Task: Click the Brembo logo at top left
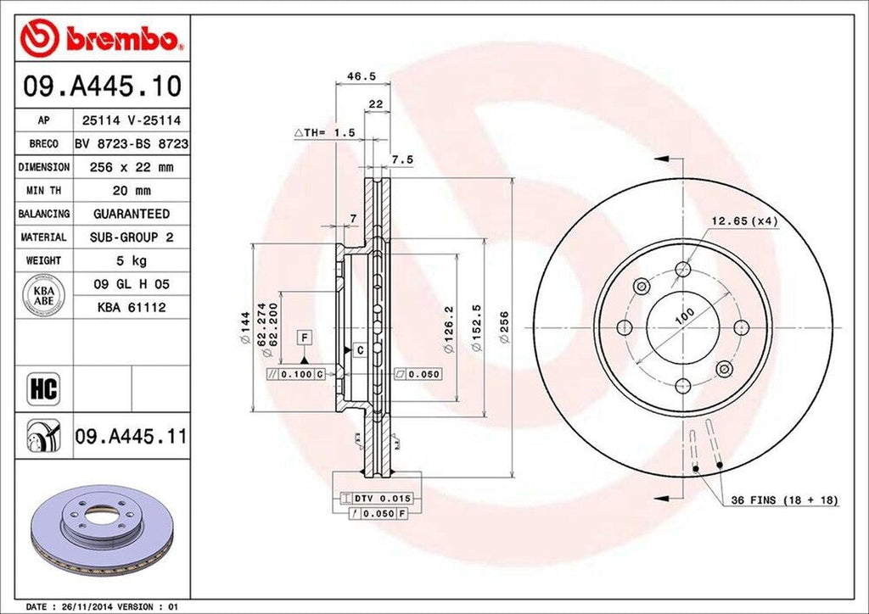102,38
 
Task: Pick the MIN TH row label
43,191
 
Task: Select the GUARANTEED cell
131,214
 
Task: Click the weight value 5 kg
131,260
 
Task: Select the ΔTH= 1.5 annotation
323,133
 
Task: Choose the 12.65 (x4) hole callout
744,221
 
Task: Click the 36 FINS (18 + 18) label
784,501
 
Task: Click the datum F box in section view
301,338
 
